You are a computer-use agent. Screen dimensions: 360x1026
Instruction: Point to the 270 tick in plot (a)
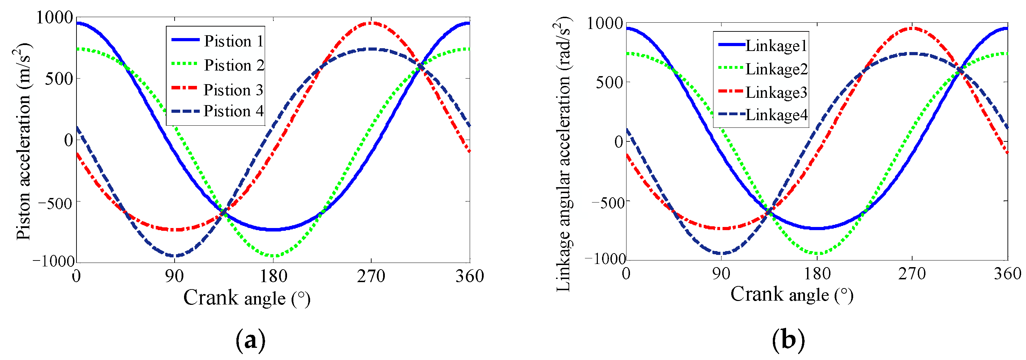371,276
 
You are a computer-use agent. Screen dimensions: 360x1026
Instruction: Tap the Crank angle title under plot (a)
247,298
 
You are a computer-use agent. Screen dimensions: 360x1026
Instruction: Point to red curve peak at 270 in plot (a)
371,23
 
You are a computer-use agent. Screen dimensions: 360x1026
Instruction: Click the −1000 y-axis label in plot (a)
54,262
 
